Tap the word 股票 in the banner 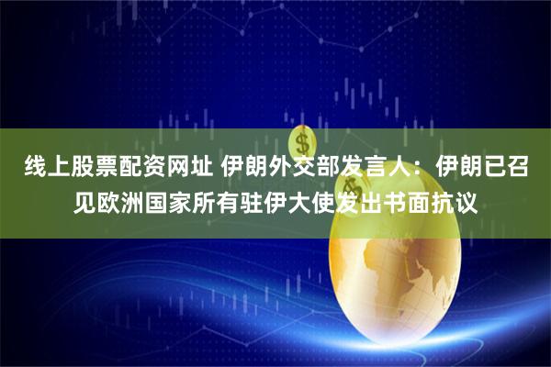[x=88, y=168]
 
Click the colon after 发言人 [x=419, y=168]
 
